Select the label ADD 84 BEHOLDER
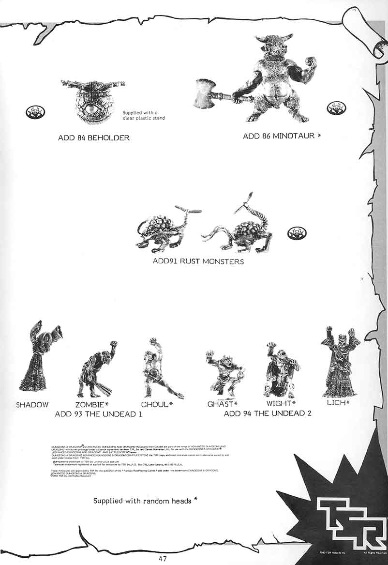(93, 138)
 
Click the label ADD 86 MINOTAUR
(282, 137)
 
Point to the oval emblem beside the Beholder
(35, 113)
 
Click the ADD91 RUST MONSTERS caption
(198, 261)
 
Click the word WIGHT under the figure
(279, 403)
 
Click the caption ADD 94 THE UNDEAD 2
(268, 413)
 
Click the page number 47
(163, 558)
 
